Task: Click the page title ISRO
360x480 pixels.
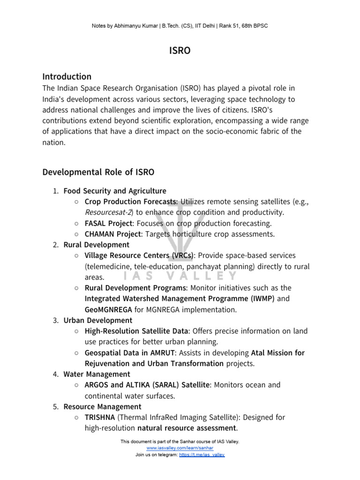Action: click(180, 51)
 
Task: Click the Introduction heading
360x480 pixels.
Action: click(67, 76)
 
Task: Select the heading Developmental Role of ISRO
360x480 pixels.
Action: click(98, 172)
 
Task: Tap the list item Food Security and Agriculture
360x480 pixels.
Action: click(114, 191)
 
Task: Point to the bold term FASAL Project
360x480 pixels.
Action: click(109, 223)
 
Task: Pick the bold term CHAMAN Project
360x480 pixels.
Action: click(112, 234)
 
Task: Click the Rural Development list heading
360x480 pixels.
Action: click(96, 245)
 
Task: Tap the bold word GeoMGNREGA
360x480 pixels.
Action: click(108, 309)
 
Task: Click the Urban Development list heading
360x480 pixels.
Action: click(97, 320)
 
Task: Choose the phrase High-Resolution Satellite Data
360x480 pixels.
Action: click(136, 331)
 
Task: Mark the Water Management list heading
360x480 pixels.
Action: click(97, 374)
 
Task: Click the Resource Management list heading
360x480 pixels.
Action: click(102, 406)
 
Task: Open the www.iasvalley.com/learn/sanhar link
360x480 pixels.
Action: click(180, 448)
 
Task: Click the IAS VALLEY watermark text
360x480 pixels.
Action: click(180, 276)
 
